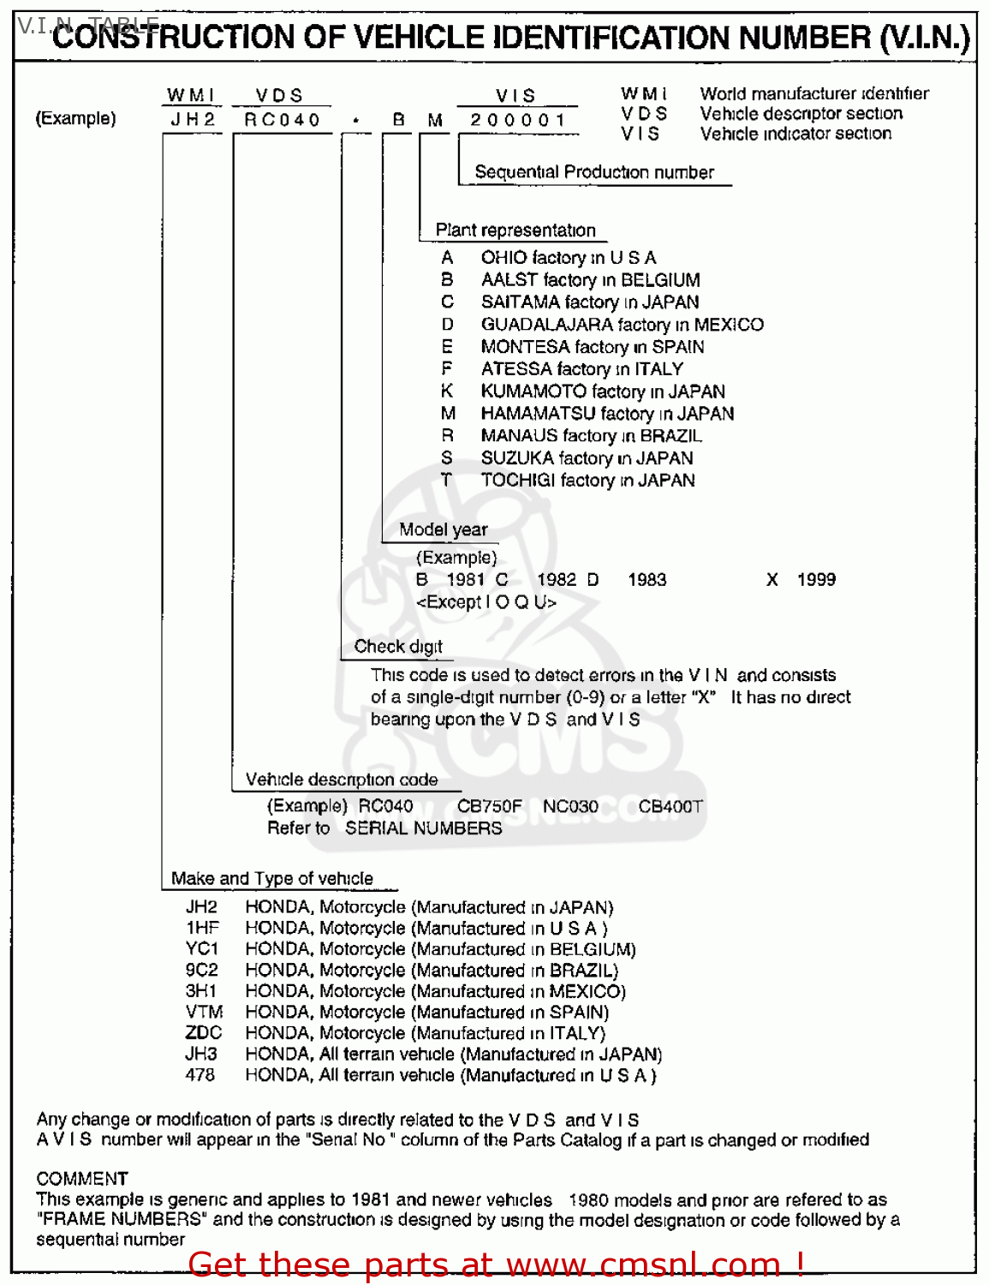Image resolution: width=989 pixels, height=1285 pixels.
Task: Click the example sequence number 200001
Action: coord(517,120)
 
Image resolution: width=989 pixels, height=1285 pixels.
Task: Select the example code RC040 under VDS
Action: coord(282,120)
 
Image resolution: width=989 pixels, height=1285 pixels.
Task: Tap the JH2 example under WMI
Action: coord(193,120)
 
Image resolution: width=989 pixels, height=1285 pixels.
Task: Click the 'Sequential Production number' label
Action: coord(594,172)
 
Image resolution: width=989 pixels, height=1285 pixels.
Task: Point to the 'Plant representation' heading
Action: coord(515,230)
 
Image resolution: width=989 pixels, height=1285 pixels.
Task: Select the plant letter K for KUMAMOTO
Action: coord(447,391)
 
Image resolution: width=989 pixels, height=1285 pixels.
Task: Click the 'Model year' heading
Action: coord(443,530)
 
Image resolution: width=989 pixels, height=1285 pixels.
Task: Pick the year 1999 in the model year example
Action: coord(816,580)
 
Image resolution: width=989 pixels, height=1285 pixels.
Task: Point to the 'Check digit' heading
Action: coord(398,647)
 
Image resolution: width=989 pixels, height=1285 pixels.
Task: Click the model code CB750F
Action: coord(489,806)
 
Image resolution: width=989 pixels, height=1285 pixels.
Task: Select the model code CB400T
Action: coord(670,806)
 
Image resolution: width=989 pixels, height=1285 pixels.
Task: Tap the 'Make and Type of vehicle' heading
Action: coord(272,879)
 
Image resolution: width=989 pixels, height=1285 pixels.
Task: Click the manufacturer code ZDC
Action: coord(203,1033)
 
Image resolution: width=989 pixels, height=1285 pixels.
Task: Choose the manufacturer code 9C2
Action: coord(202,971)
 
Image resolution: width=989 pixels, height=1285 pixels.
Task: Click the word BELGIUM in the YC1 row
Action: coord(592,949)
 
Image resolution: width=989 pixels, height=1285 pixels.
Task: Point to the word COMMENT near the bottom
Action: coord(82,1179)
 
